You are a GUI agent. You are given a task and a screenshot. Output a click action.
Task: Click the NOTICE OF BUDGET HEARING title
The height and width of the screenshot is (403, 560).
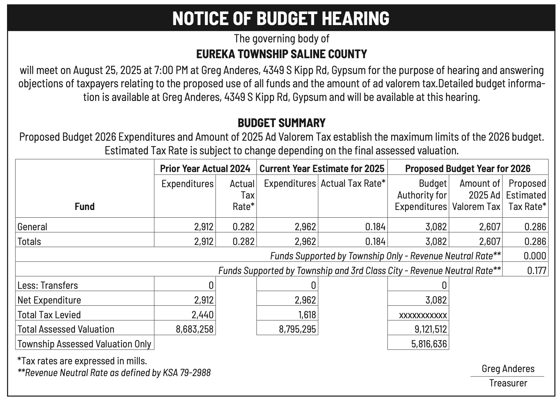(x=281, y=18)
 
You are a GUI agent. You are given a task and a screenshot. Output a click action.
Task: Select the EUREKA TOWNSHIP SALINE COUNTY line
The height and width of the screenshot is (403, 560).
(x=281, y=55)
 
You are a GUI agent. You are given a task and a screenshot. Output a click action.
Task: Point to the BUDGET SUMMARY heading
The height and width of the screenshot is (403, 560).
(x=281, y=123)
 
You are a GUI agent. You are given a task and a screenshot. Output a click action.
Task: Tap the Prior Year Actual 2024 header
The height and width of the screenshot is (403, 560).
(x=205, y=169)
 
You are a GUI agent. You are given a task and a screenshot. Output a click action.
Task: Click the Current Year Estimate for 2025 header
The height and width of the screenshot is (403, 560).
(x=322, y=169)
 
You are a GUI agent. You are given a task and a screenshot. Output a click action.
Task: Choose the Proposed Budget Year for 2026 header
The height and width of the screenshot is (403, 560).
(x=468, y=169)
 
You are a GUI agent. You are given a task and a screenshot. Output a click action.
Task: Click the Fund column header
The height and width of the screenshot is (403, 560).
(x=84, y=206)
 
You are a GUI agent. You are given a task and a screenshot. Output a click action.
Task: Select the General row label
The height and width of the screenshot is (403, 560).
(x=32, y=227)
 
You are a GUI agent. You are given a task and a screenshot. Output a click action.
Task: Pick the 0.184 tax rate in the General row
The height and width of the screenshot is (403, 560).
(x=376, y=227)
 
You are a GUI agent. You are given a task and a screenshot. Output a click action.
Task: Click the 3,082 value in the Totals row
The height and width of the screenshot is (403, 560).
(x=436, y=242)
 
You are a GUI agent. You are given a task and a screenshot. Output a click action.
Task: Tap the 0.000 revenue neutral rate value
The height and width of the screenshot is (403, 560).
(x=535, y=256)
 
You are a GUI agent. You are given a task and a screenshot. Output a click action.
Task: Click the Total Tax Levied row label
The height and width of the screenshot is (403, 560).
(x=49, y=315)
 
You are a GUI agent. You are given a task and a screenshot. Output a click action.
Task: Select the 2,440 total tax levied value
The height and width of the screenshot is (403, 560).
(x=204, y=315)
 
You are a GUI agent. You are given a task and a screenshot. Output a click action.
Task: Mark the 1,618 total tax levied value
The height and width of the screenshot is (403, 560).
(x=306, y=315)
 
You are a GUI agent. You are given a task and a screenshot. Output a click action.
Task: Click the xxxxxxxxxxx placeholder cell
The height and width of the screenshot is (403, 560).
(x=423, y=315)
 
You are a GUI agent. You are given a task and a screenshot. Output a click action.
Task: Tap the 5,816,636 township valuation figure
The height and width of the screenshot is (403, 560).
(x=429, y=344)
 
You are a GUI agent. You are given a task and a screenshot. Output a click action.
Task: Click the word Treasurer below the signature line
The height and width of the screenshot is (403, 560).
(x=508, y=383)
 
